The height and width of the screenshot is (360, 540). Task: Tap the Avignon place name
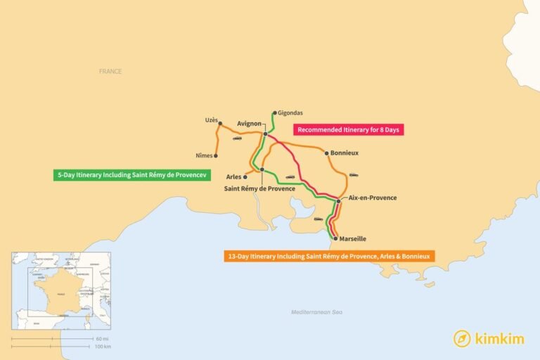pos(250,124)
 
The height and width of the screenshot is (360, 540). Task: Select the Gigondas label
pos(290,112)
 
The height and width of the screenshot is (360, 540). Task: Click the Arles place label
pos(233,176)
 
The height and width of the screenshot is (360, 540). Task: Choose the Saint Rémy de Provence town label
pos(259,188)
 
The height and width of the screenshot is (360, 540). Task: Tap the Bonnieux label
pos(345,153)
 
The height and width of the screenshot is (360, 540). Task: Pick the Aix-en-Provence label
pos(373,198)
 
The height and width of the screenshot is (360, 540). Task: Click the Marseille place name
pos(354,238)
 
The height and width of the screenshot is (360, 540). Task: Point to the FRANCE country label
pos(110,71)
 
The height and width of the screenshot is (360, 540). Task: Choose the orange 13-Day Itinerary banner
pos(329,256)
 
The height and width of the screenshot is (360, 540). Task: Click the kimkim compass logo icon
pos(462,338)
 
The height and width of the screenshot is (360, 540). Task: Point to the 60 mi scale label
pos(102,339)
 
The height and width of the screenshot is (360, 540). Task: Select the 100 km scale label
pos(103,347)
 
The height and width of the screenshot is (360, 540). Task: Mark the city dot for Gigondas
pos(275,112)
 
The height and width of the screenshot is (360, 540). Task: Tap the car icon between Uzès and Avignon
pos(237,139)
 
